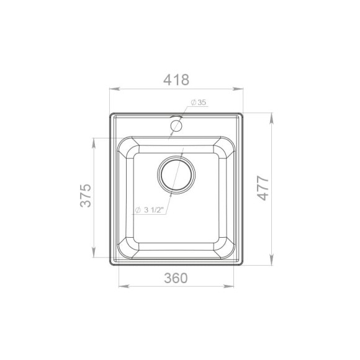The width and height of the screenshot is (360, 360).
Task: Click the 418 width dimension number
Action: pyautogui.click(x=176, y=79)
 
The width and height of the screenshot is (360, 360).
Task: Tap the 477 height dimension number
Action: pyautogui.click(x=263, y=188)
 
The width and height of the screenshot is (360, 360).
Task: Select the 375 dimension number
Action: pyautogui.click(x=86, y=196)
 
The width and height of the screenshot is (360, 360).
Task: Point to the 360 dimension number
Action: pyautogui.click(x=176, y=278)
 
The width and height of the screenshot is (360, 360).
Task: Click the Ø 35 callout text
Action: pyautogui.click(x=199, y=102)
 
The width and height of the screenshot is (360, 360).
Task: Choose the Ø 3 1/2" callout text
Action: pyautogui.click(x=149, y=210)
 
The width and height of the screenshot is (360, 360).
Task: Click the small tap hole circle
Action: pyautogui.click(x=176, y=126)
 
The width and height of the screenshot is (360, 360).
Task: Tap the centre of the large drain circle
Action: pyautogui.click(x=176, y=175)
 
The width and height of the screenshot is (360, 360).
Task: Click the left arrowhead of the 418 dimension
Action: pyautogui.click(x=114, y=89)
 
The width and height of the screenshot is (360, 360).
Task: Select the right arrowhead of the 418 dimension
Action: pyautogui.click(x=238, y=89)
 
